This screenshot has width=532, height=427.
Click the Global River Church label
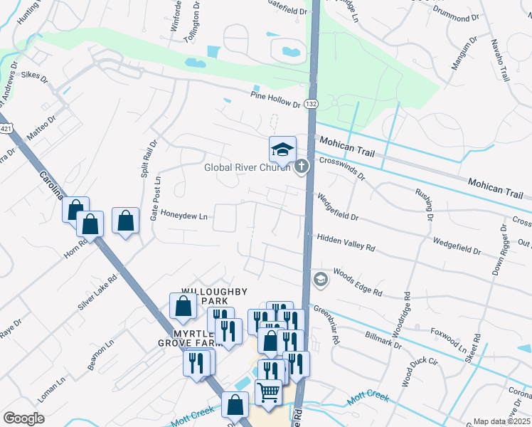coord(247,168)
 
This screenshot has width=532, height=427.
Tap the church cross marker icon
coord(302,167)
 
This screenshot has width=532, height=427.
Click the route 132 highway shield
coord(311,104)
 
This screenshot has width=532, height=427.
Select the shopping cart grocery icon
coord(269,391)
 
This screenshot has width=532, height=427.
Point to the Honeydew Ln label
coord(183,215)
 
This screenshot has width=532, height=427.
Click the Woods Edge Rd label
coord(358,282)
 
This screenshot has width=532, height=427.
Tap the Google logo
coord(23,418)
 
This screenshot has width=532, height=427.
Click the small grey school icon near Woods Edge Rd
coord(320,278)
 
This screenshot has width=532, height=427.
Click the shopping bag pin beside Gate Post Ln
coord(125,221)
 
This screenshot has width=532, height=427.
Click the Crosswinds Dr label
coord(342,169)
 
